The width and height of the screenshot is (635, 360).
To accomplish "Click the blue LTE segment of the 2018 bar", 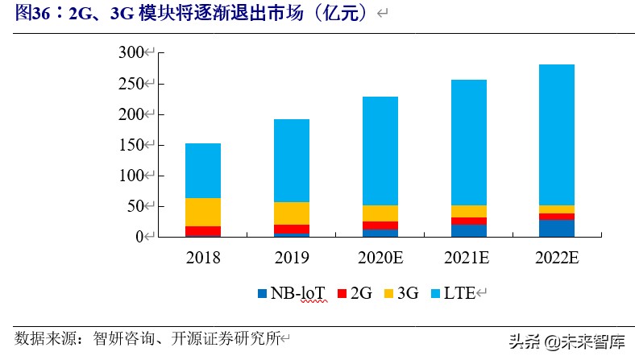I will click(203, 171).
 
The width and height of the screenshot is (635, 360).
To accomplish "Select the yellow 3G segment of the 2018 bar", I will click(203, 212).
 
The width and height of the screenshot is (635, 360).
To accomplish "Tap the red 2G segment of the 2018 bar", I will click(203, 231).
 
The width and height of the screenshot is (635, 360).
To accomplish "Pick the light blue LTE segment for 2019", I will click(291, 161).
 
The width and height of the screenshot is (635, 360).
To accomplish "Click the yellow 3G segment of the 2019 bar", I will click(291, 213).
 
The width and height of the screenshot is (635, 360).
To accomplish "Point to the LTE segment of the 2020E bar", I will click(380, 151).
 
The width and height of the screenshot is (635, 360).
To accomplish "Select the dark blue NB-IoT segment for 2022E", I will click(556, 229).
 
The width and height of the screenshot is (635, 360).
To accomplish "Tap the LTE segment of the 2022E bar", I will click(556, 135).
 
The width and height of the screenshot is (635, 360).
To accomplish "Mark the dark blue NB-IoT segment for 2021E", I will click(468, 231).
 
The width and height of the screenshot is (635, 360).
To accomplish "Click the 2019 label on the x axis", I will click(291, 258).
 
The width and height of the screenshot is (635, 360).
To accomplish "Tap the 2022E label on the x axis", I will click(556, 258).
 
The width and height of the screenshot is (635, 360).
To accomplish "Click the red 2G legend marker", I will click(341, 295).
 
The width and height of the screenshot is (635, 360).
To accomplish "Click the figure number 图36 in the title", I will click(31, 13).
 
